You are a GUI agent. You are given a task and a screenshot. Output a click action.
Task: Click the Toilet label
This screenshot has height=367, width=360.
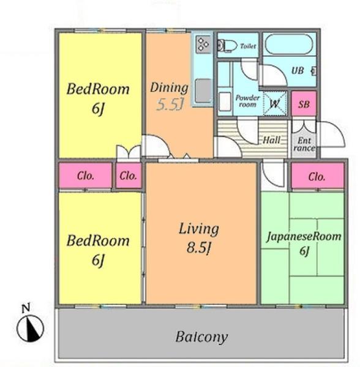click(248, 46)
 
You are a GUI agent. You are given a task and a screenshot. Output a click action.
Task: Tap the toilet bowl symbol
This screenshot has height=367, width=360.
click(227, 45)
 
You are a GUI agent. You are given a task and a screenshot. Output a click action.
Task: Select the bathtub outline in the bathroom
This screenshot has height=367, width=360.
click(289, 44)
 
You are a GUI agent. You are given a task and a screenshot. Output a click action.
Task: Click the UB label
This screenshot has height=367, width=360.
click(298, 70)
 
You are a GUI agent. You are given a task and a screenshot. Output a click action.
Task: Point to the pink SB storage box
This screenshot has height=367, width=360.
click(304, 104)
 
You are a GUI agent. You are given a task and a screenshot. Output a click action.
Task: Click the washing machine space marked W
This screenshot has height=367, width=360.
click(275, 103)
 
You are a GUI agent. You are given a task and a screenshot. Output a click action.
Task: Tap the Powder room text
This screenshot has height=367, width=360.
click(247, 101)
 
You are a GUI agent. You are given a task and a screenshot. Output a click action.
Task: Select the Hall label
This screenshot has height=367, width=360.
click(271, 140)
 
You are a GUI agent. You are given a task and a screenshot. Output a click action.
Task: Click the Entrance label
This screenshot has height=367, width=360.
click(304, 144)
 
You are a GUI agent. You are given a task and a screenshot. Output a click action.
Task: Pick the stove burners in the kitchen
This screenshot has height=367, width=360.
click(203, 44)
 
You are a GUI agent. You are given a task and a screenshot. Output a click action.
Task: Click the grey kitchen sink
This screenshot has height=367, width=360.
click(203, 91)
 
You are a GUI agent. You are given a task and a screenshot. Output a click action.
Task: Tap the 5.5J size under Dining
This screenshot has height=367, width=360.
click(170, 105)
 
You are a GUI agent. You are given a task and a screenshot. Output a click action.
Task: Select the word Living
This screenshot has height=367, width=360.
click(199, 229)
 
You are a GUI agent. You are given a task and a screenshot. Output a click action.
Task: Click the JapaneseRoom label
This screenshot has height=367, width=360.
click(304, 236)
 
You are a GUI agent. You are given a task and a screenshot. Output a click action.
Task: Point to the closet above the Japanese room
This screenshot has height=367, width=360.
click(318, 176)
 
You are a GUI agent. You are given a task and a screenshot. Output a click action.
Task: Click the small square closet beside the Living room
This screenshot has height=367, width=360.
click(129, 176)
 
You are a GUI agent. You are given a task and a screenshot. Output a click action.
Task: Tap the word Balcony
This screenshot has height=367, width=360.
click(201, 337)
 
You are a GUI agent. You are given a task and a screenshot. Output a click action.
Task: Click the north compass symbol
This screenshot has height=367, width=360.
click(30, 328)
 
